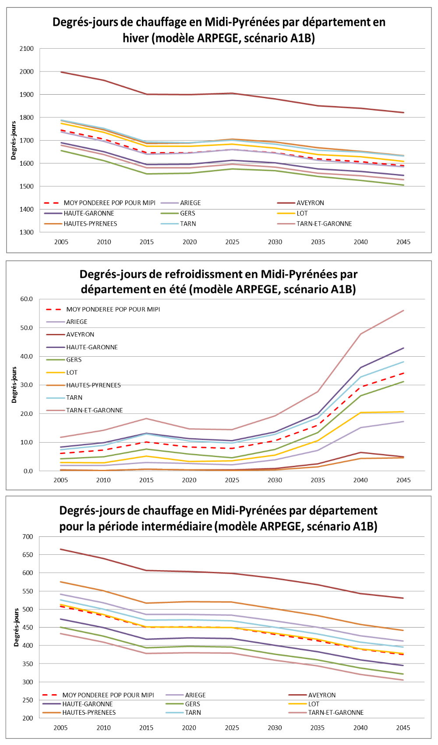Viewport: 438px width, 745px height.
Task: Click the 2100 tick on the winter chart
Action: [x=27, y=49]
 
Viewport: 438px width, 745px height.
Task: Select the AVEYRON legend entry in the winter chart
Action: [x=310, y=203]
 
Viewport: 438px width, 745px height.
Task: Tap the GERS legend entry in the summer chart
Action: [x=74, y=360]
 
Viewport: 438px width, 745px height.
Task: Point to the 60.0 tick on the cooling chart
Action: [x=26, y=299]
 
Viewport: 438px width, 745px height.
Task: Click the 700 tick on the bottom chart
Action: [x=28, y=536]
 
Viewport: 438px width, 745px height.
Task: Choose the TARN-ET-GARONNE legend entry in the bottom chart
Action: [x=336, y=713]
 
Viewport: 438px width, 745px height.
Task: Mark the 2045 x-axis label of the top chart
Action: [x=403, y=242]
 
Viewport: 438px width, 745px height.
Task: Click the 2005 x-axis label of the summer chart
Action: [x=61, y=480]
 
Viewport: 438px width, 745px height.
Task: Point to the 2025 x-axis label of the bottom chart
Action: [x=232, y=728]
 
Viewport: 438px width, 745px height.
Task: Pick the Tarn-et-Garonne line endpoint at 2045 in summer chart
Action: [x=403, y=311]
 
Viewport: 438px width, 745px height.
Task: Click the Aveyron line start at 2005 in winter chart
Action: [x=61, y=72]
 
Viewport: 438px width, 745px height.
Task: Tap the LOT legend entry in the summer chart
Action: [x=72, y=372]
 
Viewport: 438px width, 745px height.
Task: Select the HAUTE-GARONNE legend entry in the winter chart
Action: [x=88, y=213]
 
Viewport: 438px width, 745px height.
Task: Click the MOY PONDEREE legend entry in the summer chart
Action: [x=113, y=309]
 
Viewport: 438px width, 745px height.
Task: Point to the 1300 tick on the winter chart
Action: [x=27, y=232]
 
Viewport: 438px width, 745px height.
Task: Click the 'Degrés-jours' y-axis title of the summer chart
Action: [x=14, y=385]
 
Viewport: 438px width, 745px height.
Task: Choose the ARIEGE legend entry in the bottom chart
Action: [x=195, y=695]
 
